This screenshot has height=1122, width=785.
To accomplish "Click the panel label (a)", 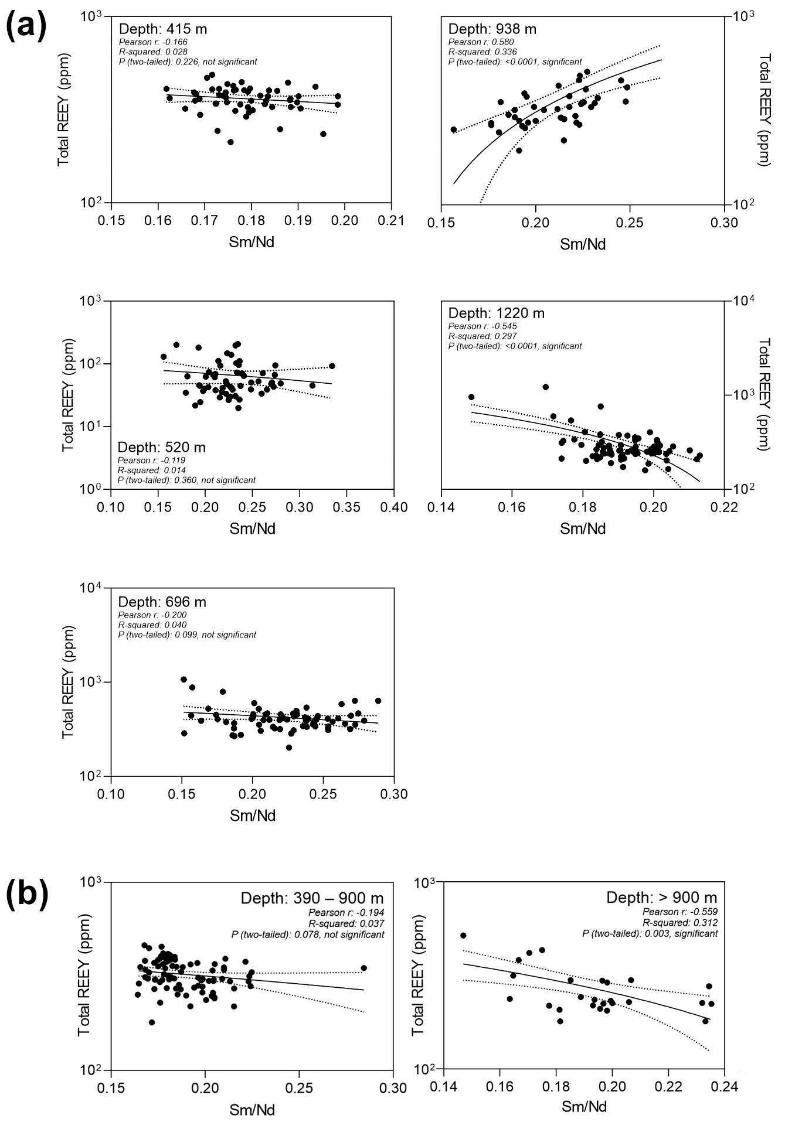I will [26, 28].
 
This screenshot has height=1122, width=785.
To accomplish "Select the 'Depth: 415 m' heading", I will [162, 29].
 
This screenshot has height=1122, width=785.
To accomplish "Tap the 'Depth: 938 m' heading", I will [492, 29].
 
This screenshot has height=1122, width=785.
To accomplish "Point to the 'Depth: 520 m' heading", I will [162, 448].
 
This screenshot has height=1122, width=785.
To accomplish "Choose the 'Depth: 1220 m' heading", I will [496, 313].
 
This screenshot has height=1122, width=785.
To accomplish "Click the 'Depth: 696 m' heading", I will [162, 602].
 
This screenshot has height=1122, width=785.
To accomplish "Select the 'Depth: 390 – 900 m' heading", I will [312, 898].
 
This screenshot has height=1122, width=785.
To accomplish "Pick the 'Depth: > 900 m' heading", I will [661, 898].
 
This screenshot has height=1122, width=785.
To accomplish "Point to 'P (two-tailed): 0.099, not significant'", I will [187, 635].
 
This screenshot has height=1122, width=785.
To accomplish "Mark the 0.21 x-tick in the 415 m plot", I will [392, 221].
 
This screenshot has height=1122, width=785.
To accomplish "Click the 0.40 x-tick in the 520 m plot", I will [394, 506].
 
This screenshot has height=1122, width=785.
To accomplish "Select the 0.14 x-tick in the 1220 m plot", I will [441, 506].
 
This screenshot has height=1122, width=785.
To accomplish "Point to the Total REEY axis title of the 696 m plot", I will [68, 682].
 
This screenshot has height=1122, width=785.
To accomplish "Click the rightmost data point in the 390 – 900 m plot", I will [363, 968].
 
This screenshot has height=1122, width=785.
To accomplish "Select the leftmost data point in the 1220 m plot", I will [471, 397].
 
